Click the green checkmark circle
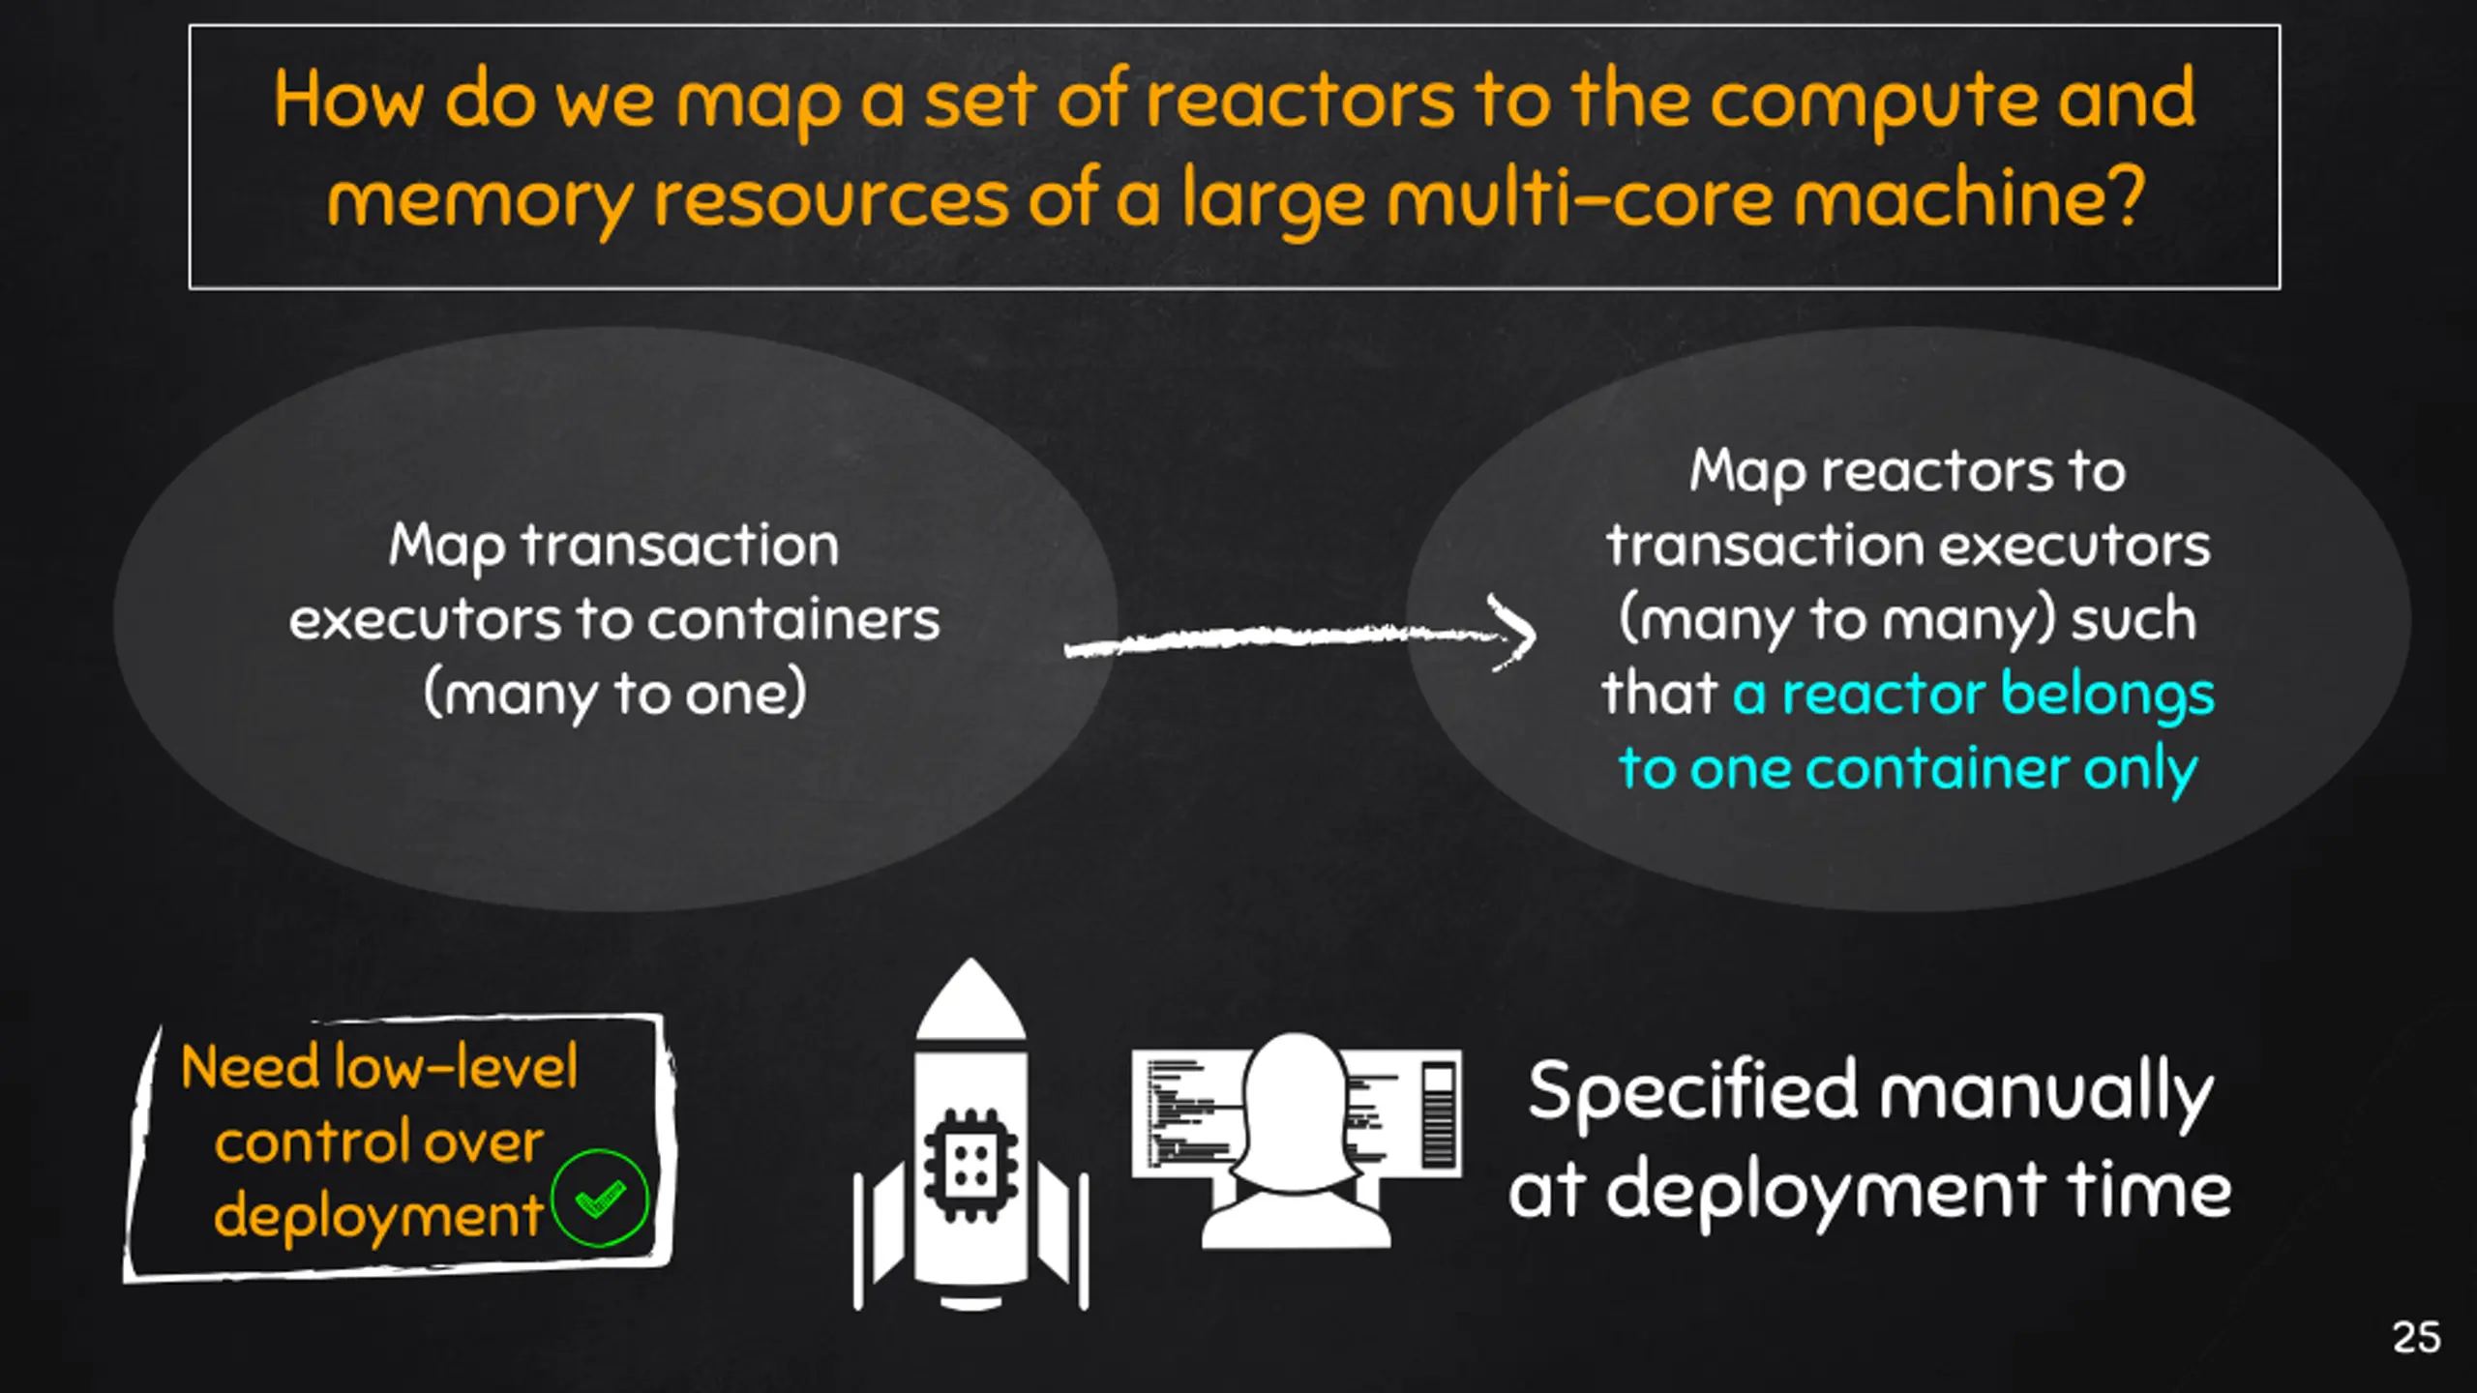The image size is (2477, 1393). pyautogui.click(x=600, y=1198)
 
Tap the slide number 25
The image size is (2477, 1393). pyautogui.click(x=2416, y=1338)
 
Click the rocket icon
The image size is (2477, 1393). pyautogui.click(x=970, y=1134)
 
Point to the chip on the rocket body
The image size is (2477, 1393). pyautogui.click(x=970, y=1165)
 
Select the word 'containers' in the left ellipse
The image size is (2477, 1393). pyautogui.click(x=793, y=619)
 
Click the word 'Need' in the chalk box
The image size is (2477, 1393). pyautogui.click(x=250, y=1066)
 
